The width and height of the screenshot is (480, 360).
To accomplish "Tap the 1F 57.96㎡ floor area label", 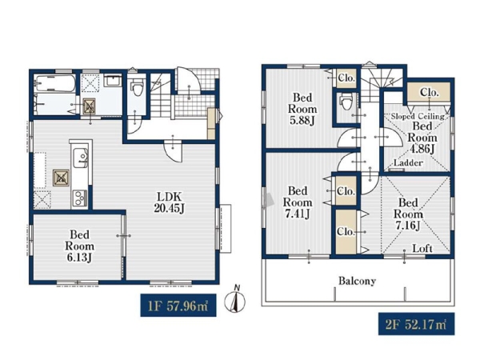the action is [x=178, y=306].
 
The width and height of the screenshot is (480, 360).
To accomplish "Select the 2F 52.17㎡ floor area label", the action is [x=416, y=324].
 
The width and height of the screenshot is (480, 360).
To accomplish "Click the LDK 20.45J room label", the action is [x=170, y=202].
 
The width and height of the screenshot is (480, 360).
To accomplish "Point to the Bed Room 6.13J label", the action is [x=79, y=246].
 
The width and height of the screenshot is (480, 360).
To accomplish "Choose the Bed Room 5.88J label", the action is [x=302, y=109].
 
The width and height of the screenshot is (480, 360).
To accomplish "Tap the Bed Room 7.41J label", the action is [x=298, y=202].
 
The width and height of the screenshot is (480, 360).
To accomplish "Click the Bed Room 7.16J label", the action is [x=408, y=214].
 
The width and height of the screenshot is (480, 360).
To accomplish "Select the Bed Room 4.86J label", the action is [x=422, y=137].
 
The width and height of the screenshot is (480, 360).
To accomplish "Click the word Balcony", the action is [x=357, y=281].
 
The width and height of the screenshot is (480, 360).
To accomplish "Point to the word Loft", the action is [x=422, y=248].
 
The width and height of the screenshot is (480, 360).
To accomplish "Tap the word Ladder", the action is [x=408, y=162].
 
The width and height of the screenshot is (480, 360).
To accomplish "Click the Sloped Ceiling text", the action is [x=418, y=116].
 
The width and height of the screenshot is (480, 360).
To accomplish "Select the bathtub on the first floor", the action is [x=55, y=83].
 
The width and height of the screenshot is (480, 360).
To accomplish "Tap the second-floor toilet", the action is [x=346, y=102].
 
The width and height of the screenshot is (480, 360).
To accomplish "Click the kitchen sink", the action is [x=81, y=158].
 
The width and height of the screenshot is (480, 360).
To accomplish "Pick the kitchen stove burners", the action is [x=80, y=198].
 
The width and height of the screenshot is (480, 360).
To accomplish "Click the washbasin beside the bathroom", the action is [x=112, y=81].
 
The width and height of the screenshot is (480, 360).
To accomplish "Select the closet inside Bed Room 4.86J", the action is [x=429, y=93].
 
